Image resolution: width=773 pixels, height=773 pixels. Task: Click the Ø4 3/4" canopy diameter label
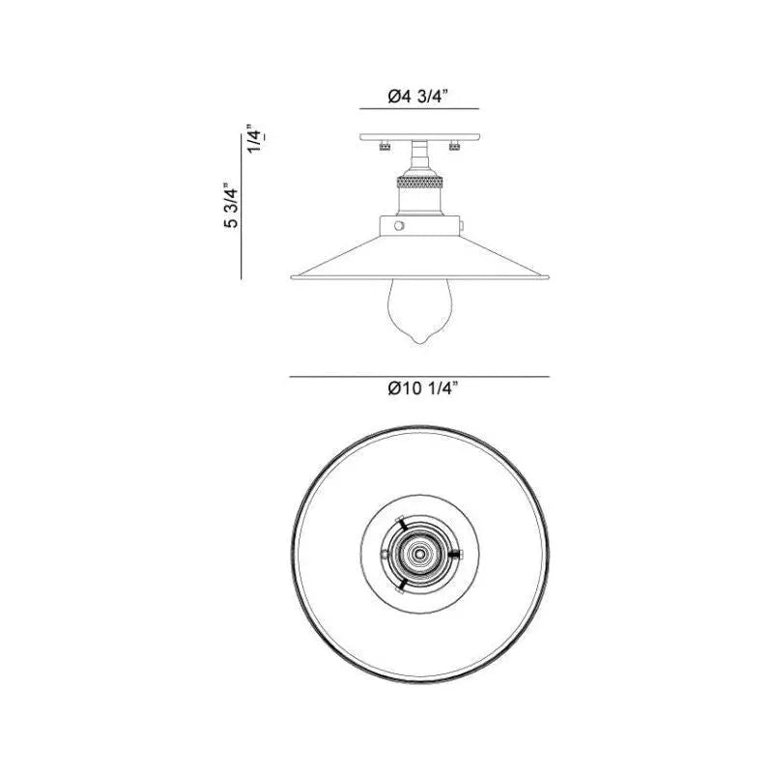[417, 96]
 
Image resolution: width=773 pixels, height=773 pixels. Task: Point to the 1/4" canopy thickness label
[255, 138]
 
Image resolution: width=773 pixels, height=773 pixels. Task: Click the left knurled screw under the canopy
[384, 146]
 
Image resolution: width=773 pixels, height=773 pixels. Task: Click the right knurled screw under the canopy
[454, 146]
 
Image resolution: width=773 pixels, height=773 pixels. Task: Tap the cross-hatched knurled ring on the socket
[419, 183]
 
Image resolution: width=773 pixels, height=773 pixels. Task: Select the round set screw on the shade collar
[399, 226]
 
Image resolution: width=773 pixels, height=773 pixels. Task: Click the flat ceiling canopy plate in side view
[419, 137]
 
